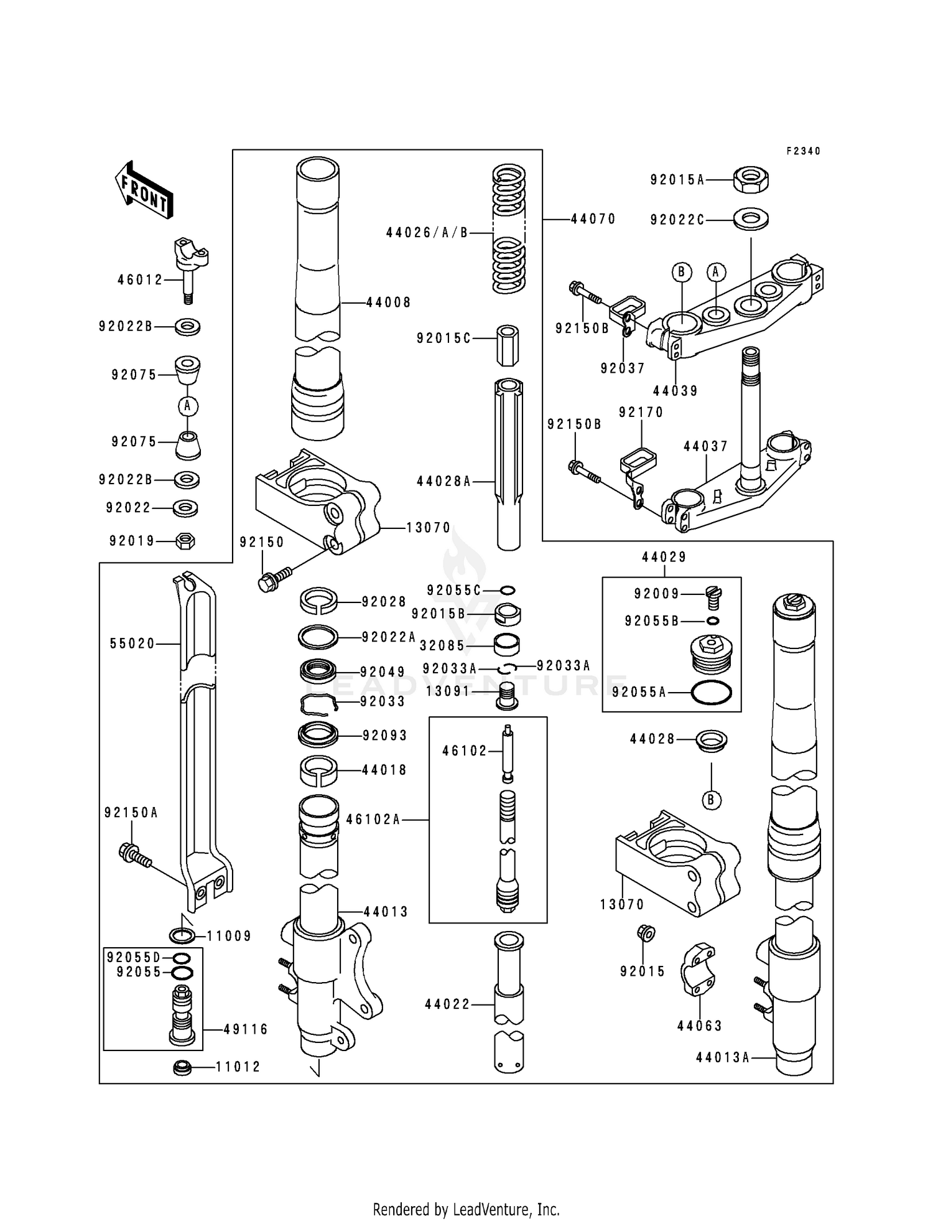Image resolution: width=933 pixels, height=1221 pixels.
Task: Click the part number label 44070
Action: pos(593,219)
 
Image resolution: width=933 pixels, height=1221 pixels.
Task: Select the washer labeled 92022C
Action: pos(751,219)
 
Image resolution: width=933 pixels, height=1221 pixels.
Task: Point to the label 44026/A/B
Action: pos(427,233)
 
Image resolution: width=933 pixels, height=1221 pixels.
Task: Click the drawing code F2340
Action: pos(803,151)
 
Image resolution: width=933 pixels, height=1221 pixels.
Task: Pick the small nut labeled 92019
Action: pos(185,541)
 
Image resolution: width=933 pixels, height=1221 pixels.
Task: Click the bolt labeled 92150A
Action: pos(134,854)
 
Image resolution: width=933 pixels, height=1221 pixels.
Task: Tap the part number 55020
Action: pos(132,643)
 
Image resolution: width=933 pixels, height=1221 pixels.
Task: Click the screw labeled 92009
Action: pos(714,597)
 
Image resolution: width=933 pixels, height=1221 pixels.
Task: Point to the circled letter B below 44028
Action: pos(712,800)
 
